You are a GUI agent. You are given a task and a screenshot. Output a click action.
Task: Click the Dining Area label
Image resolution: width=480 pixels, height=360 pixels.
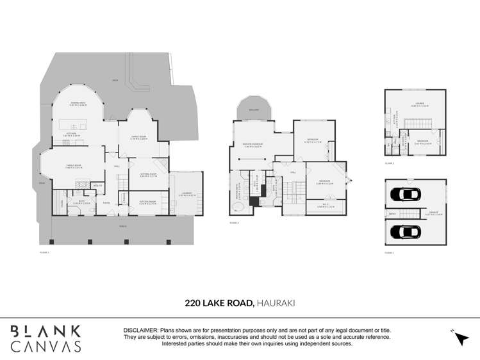(78, 102)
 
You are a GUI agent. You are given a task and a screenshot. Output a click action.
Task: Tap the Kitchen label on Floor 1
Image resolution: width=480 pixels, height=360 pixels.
(70, 135)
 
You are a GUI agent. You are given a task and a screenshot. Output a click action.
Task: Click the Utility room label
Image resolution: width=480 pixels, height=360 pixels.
(98, 186)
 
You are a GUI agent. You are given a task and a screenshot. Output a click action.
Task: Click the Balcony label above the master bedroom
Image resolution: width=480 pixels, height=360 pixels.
(254, 109)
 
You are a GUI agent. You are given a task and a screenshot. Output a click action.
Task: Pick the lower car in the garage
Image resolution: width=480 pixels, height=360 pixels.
(405, 231)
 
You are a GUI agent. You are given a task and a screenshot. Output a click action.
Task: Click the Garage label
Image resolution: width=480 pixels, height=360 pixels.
(434, 213)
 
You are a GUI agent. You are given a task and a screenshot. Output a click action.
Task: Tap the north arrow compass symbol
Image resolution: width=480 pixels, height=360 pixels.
(461, 338)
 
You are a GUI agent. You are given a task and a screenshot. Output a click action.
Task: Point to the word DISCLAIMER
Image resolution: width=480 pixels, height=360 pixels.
(141, 330)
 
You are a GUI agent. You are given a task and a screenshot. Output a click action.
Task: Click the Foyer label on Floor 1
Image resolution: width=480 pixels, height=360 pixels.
(106, 204)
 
